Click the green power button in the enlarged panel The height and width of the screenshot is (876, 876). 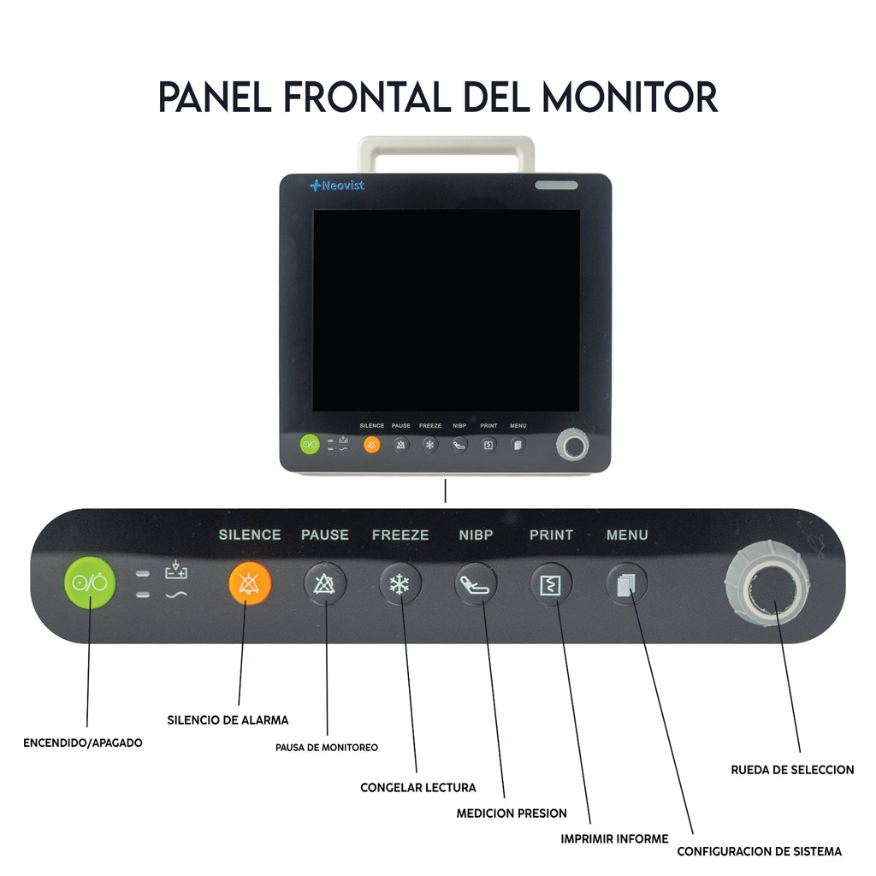[x=89, y=583]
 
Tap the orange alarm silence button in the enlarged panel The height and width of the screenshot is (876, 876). [x=250, y=584]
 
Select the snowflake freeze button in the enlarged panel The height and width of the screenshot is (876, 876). [x=400, y=585]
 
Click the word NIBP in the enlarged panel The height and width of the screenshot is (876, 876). [x=476, y=536]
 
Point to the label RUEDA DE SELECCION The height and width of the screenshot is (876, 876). [x=792, y=770]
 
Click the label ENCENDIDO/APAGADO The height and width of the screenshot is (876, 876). [x=83, y=743]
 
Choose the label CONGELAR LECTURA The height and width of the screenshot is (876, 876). [x=418, y=787]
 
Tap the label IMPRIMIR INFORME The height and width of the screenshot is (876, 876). [x=614, y=839]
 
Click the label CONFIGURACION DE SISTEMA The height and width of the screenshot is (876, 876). [x=759, y=852]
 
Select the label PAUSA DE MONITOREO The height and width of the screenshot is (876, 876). [x=326, y=748]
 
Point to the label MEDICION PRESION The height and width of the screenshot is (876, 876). [x=512, y=814]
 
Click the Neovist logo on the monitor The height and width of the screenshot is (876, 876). [x=337, y=186]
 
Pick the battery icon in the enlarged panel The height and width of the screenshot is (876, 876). [x=175, y=571]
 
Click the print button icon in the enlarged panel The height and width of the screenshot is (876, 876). [x=551, y=585]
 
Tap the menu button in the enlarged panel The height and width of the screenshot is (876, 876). [x=627, y=585]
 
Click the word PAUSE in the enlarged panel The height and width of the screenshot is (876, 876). [x=325, y=536]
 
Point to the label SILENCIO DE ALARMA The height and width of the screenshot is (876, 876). [x=228, y=720]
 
